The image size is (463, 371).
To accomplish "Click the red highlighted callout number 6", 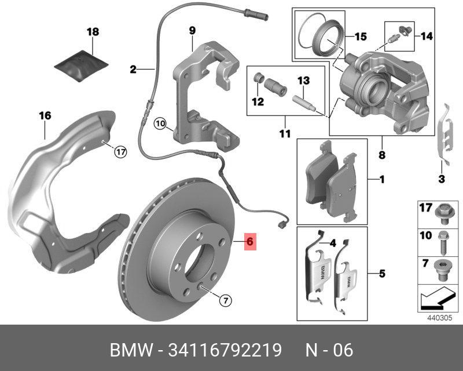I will pos(249,241).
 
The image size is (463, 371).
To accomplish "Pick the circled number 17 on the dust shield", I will pos(120,152).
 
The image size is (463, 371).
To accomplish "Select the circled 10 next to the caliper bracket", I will pos(160,123).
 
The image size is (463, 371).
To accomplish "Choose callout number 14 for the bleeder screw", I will pos(425,37).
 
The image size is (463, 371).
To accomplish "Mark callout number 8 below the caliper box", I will pos(382,155).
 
